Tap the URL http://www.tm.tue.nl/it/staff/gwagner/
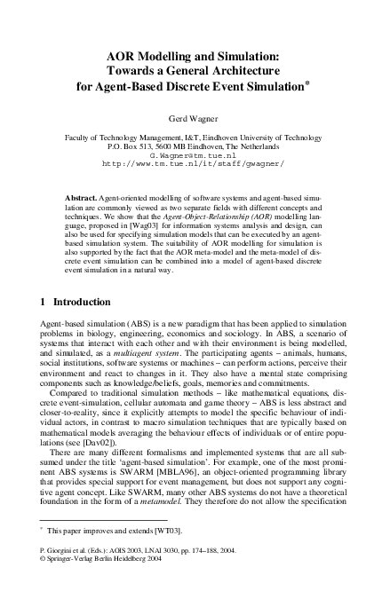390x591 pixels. coord(194,164)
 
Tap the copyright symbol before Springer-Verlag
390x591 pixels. coord(45,584)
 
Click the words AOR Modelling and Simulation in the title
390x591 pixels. coord(195,55)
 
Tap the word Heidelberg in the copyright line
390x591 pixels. coord(142,584)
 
